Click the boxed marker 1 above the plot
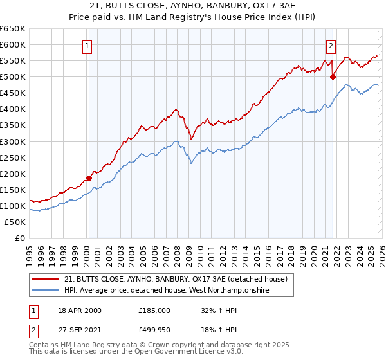click(x=87, y=45)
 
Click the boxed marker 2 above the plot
click(x=331, y=45)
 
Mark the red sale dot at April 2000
click(x=89, y=178)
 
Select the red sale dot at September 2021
click(x=333, y=76)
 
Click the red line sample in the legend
click(x=46, y=279)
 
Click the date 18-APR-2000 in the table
click(x=79, y=310)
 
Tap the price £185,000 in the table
click(x=154, y=310)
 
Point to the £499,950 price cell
click(x=154, y=330)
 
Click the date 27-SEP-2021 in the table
click(x=79, y=330)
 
